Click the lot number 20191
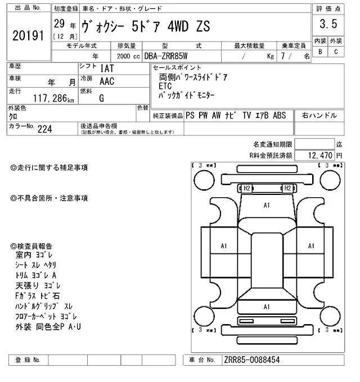click(x=28, y=35)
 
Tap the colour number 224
click(x=44, y=129)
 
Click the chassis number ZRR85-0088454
click(x=251, y=359)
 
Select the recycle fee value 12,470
click(x=321, y=154)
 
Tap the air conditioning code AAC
click(x=108, y=81)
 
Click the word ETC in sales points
click(x=165, y=87)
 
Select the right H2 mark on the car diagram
click(x=287, y=188)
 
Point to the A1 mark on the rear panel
click(x=267, y=307)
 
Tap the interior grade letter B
click(x=320, y=52)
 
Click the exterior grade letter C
click(x=336, y=52)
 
